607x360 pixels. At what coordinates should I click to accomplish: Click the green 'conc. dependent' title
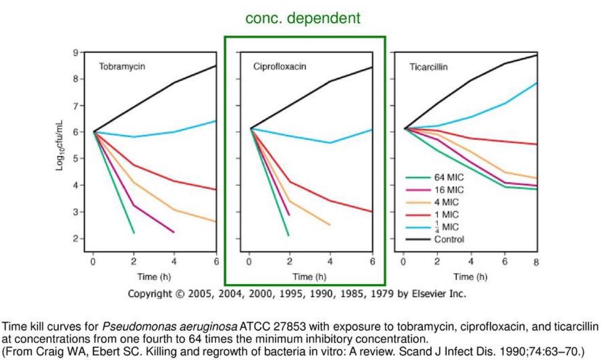(303, 18)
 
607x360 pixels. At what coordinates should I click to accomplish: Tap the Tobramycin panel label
(122, 66)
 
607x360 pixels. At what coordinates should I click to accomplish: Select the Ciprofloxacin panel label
(279, 66)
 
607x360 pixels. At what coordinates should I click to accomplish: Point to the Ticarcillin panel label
(428, 67)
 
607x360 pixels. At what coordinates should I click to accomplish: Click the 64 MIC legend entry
(449, 177)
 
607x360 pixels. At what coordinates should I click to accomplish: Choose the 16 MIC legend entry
(449, 190)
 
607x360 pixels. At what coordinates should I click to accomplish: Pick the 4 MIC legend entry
(447, 202)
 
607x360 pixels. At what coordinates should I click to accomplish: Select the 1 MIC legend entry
(447, 215)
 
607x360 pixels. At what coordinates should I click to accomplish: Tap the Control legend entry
(449, 239)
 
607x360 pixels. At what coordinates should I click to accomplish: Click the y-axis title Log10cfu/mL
(59, 145)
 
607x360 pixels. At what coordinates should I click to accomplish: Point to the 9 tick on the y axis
(75, 53)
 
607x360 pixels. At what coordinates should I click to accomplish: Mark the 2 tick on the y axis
(75, 239)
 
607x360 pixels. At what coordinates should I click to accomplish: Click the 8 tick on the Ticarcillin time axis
(536, 262)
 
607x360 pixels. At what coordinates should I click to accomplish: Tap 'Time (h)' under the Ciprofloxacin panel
(309, 277)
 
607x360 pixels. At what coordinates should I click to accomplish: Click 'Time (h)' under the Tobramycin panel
(154, 277)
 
